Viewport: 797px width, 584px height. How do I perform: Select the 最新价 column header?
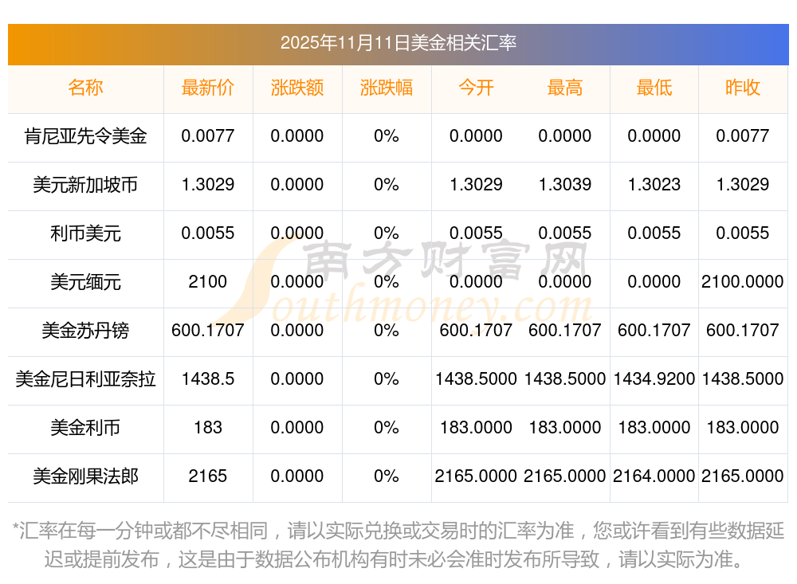tap(207, 88)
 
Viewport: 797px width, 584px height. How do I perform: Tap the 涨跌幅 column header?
tap(387, 88)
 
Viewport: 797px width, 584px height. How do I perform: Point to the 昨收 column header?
tap(743, 88)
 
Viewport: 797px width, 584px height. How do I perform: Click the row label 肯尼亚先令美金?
tap(86, 136)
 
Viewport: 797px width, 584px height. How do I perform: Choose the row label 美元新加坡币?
tap(86, 185)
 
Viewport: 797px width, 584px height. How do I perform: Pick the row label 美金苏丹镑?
tap(86, 331)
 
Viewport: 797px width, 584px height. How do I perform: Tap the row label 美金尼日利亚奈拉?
tap(86, 379)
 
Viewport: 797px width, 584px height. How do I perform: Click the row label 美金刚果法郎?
tap(86, 476)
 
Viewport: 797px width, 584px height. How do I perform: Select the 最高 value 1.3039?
tap(565, 185)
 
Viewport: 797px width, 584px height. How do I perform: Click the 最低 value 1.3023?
tap(654, 185)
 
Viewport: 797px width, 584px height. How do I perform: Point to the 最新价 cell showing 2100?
tap(207, 282)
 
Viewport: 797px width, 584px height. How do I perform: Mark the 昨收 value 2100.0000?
tap(743, 282)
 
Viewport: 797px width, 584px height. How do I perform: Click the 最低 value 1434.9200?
tap(654, 379)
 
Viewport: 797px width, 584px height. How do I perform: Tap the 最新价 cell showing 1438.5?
tap(207, 379)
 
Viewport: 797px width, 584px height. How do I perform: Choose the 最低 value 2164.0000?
tap(654, 476)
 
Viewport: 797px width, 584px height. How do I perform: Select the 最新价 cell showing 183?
tap(207, 428)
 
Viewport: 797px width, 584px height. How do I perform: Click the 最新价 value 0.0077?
tap(207, 136)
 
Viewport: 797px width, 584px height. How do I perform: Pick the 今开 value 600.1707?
tap(476, 331)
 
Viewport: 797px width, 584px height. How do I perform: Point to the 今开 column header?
tap(476, 88)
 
